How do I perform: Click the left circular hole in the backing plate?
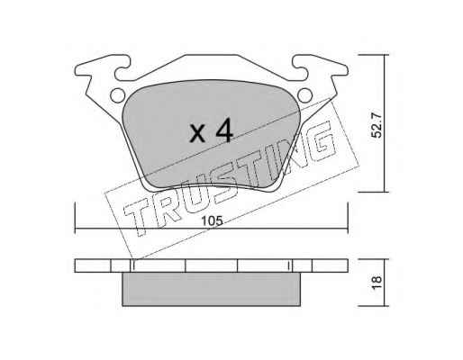117,95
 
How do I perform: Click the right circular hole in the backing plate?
304,95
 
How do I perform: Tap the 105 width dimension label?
213,221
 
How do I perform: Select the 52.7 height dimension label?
377,125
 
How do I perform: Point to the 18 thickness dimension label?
377,283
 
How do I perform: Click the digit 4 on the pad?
224,130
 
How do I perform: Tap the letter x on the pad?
197,134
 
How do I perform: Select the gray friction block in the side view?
212,289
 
